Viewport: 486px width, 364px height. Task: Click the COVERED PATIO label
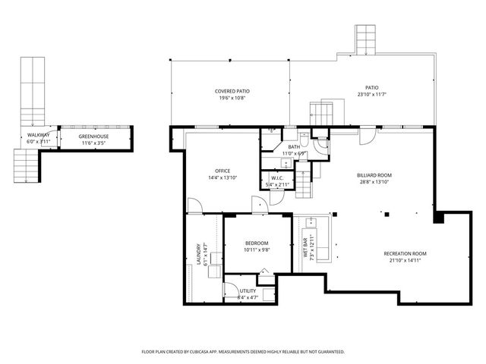pyautogui.click(x=233, y=91)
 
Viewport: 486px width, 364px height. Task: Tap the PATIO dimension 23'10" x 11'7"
pyautogui.click(x=371, y=95)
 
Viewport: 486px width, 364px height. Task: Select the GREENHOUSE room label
pyautogui.click(x=94, y=136)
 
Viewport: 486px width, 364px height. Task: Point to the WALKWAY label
pyautogui.click(x=39, y=135)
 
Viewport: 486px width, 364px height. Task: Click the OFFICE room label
pyautogui.click(x=222, y=171)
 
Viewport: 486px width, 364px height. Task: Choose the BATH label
pyautogui.click(x=294, y=147)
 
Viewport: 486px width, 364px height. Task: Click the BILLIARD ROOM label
pyautogui.click(x=374, y=175)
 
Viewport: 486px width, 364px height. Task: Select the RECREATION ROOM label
pyautogui.click(x=405, y=253)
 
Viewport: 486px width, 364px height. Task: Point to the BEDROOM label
pyautogui.click(x=257, y=243)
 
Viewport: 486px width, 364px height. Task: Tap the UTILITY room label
pyautogui.click(x=248, y=290)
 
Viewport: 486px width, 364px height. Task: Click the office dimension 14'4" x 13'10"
pyautogui.click(x=222, y=177)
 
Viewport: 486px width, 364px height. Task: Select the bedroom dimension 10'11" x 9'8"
pyautogui.click(x=257, y=249)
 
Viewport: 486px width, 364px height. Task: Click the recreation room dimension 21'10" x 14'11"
pyautogui.click(x=405, y=260)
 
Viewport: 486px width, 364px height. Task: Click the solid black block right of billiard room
pyautogui.click(x=439, y=218)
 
